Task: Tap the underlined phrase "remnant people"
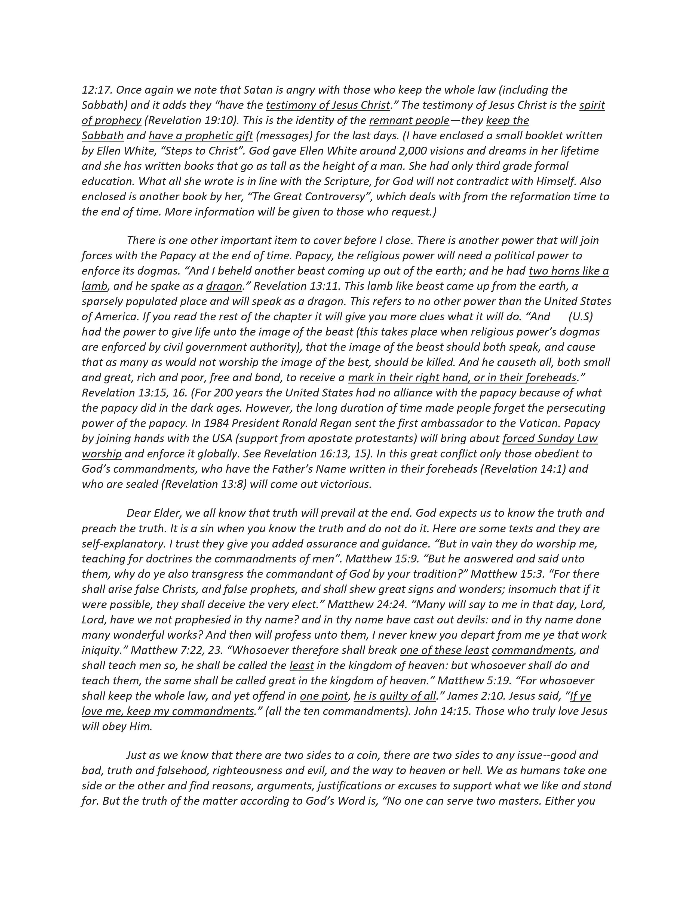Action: tap(409, 121)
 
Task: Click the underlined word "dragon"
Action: tap(224, 286)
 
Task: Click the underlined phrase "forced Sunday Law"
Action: tap(550, 438)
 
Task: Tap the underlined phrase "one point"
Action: tap(324, 696)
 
